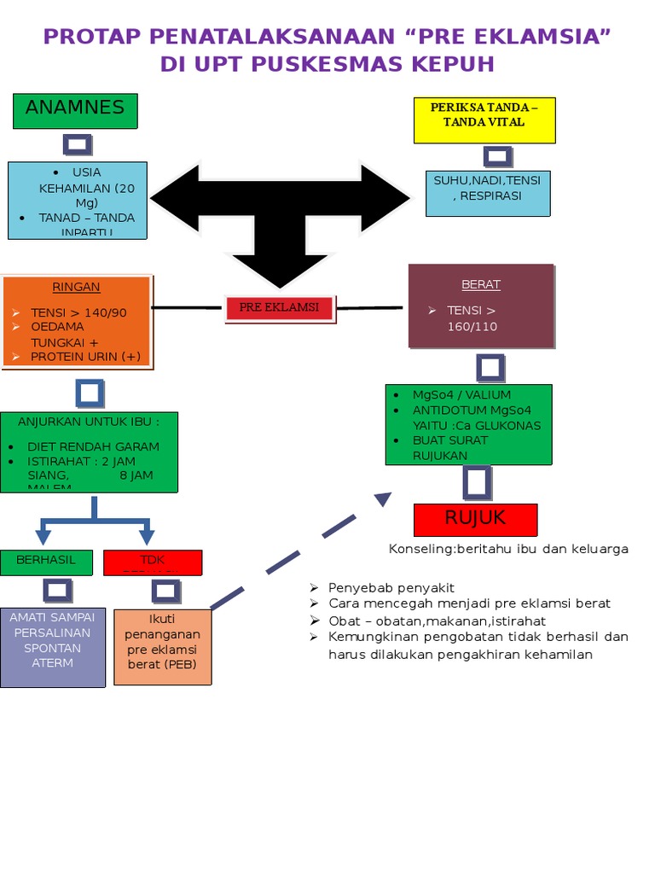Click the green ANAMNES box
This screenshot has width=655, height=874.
coord(75,111)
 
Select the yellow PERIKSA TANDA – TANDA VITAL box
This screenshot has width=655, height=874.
coord(484,120)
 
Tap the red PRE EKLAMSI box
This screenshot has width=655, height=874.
coord(279,308)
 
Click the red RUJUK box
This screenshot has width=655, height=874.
coord(475,519)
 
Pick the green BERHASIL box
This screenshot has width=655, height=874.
coord(46,561)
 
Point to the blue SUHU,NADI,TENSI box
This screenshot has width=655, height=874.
coord(487,193)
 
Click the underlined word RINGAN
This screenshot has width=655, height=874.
coord(76,287)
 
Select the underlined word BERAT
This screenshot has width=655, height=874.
coord(481,284)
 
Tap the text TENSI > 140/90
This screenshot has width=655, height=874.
coord(78,312)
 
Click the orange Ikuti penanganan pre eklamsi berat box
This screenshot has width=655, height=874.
coord(162,646)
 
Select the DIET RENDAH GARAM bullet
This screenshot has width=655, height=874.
coord(93,446)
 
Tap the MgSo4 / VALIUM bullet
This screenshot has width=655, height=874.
coord(461,394)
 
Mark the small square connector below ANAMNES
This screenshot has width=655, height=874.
coord(76,144)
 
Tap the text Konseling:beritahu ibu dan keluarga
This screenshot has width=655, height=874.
coord(508,549)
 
